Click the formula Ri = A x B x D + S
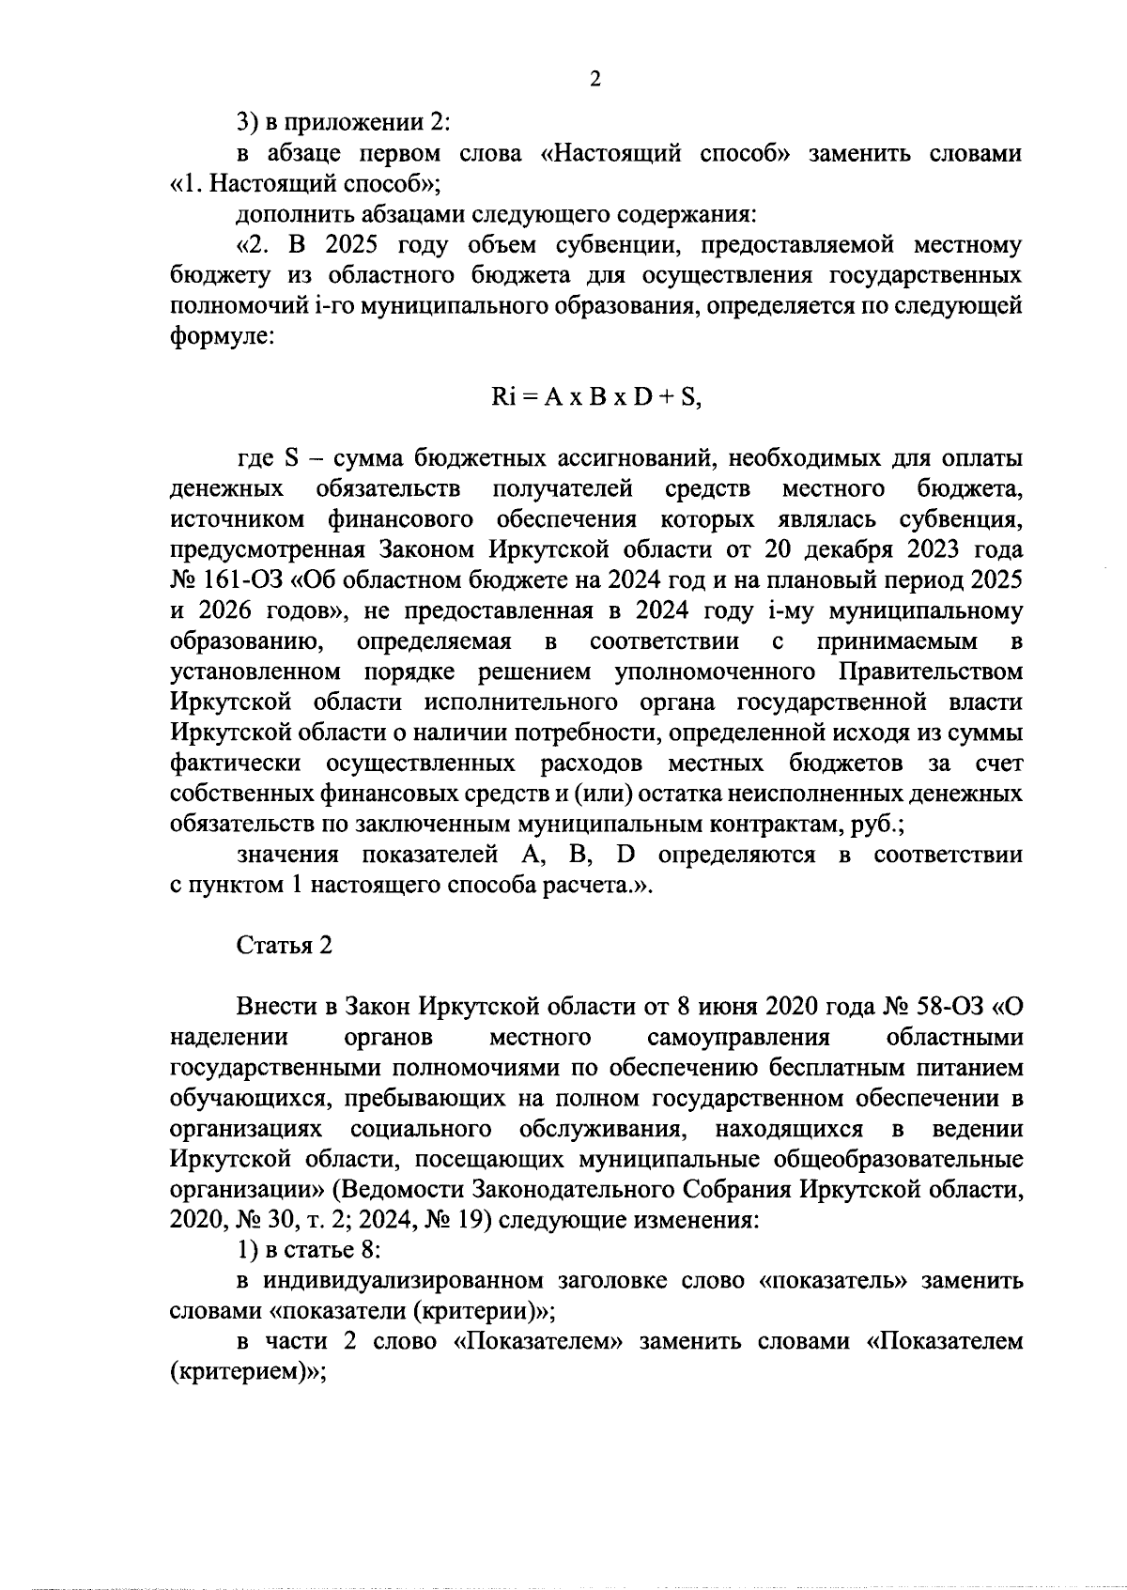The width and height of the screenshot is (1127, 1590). click(x=596, y=397)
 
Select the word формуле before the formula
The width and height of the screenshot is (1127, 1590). click(x=222, y=337)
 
